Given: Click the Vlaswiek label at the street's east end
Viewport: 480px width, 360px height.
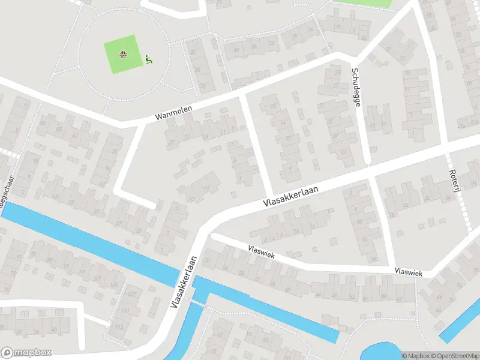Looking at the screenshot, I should [x=409, y=273].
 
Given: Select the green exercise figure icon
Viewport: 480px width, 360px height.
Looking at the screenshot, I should [x=148, y=59].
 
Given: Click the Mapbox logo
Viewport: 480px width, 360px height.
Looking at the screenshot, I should [x=26, y=353].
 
